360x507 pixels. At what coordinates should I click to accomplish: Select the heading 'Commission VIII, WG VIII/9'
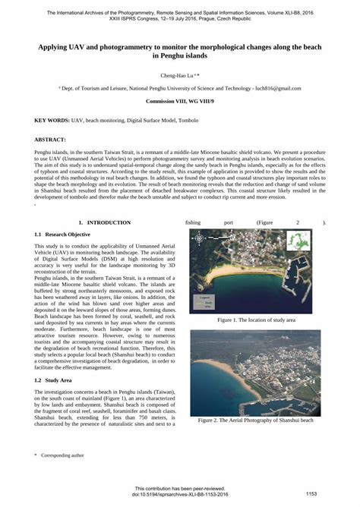coord(179,101)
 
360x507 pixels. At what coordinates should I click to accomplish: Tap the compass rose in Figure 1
coord(198,238)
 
